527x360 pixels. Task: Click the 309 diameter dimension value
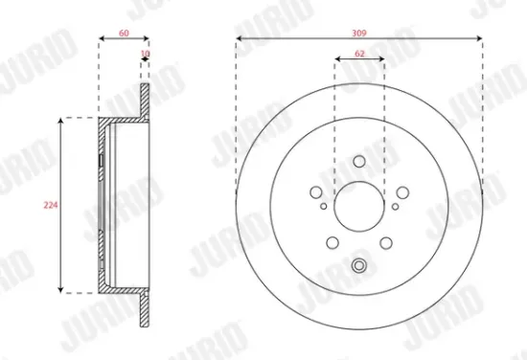coord(359,33)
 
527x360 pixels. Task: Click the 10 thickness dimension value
coord(145,56)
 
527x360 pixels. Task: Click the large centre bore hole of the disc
coord(359,205)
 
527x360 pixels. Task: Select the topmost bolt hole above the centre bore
coord(359,162)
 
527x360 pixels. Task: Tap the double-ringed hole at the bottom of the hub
coord(359,266)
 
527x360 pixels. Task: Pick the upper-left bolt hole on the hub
coord(317,191)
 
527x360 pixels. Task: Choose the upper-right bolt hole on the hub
coord(401,191)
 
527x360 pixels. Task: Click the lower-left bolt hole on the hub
coord(332,241)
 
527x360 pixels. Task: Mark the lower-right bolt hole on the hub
coord(385,241)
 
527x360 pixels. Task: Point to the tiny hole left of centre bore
coord(324,205)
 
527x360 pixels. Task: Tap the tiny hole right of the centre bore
coord(395,205)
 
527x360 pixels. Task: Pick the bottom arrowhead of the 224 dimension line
coord(62,289)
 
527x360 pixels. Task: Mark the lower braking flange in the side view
coord(145,308)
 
